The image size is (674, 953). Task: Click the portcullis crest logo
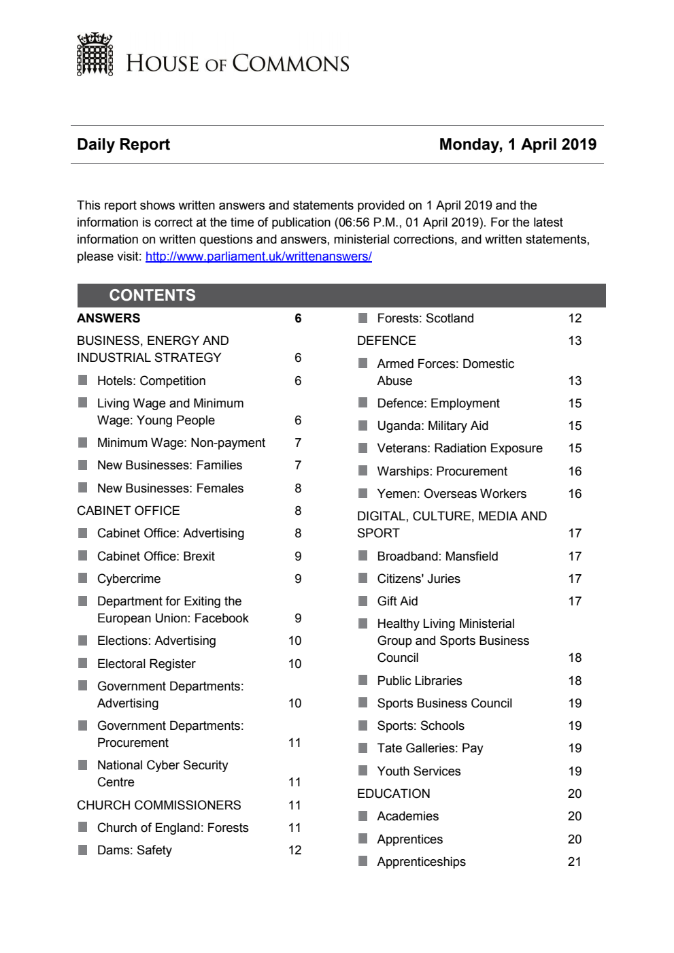point(95,54)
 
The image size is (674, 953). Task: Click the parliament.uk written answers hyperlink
point(258,256)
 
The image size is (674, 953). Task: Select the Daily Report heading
point(123,144)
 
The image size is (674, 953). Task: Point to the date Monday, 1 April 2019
point(518,144)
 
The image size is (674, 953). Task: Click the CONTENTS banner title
point(152,295)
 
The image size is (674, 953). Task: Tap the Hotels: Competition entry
point(151,381)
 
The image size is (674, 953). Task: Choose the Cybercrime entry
point(129,579)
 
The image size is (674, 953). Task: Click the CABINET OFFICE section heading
point(128,511)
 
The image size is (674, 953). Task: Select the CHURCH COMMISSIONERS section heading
point(158,805)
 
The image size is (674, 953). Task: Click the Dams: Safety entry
point(134,850)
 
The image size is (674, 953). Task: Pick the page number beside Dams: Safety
point(294,850)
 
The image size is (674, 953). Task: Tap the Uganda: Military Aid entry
point(433,426)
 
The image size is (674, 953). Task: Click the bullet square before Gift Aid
point(363,601)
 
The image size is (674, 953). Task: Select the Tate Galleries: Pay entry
point(430,748)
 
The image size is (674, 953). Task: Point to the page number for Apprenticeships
point(575,862)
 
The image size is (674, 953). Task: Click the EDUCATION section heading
point(393,794)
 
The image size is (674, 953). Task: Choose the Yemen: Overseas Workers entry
point(452,494)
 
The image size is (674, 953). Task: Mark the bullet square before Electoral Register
point(83,663)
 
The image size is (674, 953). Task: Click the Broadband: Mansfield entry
point(437,556)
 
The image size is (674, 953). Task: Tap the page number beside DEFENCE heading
point(575,341)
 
